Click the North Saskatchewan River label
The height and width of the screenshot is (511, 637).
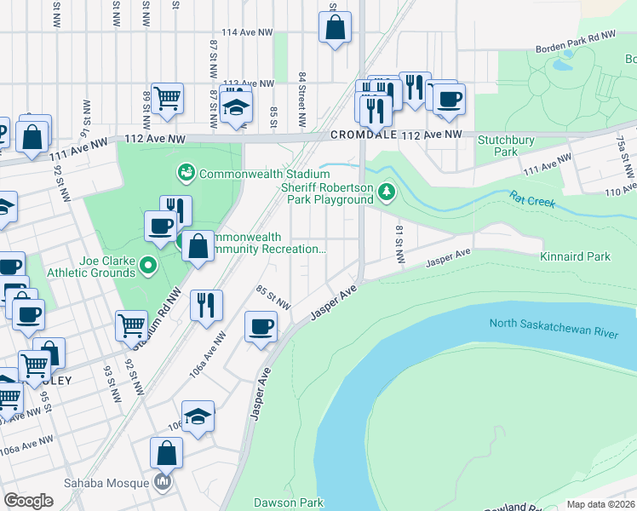(x=554, y=329)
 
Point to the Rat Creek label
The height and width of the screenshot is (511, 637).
(x=532, y=203)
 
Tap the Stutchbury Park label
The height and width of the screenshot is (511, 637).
(x=498, y=146)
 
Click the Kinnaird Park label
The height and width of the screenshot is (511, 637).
(x=575, y=256)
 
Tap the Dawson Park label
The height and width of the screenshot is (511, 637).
(x=289, y=502)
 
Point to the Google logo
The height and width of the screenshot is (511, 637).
(x=28, y=501)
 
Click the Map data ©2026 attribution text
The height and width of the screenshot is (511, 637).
(x=600, y=504)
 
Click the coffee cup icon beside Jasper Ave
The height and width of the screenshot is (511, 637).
(x=261, y=325)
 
